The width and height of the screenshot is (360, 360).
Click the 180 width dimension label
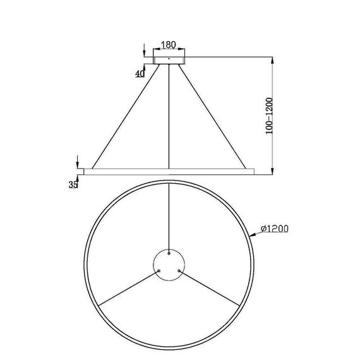(x=169, y=45)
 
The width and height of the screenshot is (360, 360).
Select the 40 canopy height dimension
(x=140, y=73)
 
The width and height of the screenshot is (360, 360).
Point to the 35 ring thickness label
(x=74, y=184)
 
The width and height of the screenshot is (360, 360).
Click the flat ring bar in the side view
(x=169, y=171)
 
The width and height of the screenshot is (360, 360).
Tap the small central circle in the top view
(x=169, y=263)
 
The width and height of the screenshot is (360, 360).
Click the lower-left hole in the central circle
(x=159, y=271)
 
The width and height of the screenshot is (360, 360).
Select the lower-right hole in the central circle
(x=180, y=271)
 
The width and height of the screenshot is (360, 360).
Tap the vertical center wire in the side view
(x=169, y=117)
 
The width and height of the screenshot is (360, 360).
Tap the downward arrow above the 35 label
(x=77, y=162)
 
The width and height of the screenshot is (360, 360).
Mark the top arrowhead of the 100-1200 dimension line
(x=272, y=59)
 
